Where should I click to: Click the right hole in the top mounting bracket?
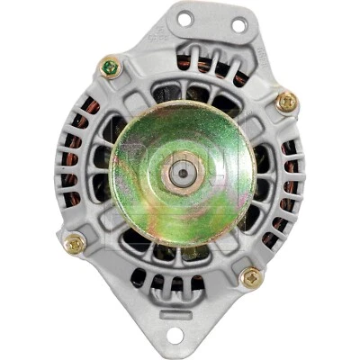pyautogui.click(x=238, y=24)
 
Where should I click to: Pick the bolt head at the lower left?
pyautogui.click(x=74, y=241)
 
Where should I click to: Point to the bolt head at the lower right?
pyautogui.click(x=249, y=277)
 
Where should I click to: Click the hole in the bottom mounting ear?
pyautogui.click(x=173, y=336)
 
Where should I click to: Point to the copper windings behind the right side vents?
pyautogui.click(x=290, y=180)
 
